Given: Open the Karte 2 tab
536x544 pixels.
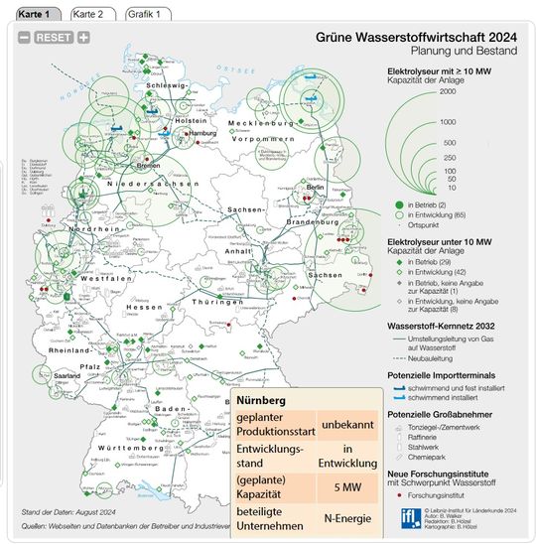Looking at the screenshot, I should point(92,14).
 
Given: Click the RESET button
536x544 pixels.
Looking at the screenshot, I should point(53,38).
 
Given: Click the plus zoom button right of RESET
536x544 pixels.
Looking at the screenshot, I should point(83,38).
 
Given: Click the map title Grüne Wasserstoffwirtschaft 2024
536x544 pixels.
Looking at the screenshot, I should point(416,34).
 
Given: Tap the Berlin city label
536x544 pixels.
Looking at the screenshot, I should point(317,187).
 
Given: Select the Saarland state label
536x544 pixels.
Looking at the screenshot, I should point(68,377).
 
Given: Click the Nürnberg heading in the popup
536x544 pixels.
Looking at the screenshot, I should point(262,399).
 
